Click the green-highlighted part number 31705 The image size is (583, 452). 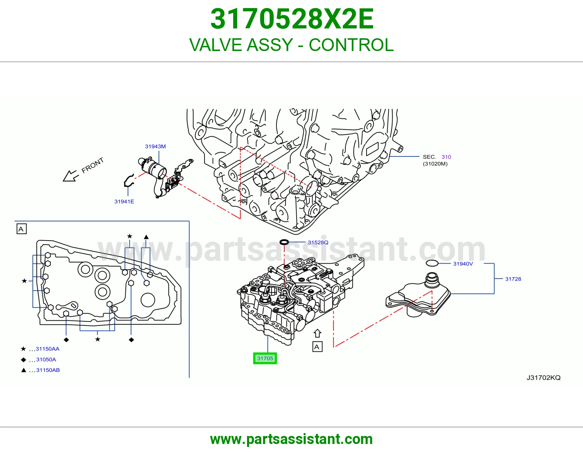(x=265, y=358)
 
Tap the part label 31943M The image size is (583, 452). (x=155, y=147)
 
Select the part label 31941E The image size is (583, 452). (x=124, y=202)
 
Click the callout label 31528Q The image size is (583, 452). (x=318, y=242)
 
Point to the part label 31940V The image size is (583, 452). (x=463, y=264)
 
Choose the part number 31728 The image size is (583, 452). (x=513, y=279)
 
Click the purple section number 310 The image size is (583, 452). (x=446, y=157)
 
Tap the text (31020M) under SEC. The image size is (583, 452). (x=435, y=164)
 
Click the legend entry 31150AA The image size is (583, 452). (x=47, y=349)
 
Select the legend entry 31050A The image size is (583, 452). (x=46, y=359)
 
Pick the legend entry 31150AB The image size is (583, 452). (x=48, y=370)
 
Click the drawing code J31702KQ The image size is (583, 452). (x=544, y=378)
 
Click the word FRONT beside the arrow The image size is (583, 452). (x=93, y=165)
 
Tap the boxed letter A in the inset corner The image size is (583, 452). (x=21, y=229)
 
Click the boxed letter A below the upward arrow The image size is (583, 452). (x=317, y=347)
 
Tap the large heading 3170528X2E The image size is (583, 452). (x=292, y=19)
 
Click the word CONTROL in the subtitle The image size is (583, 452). (x=351, y=45)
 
